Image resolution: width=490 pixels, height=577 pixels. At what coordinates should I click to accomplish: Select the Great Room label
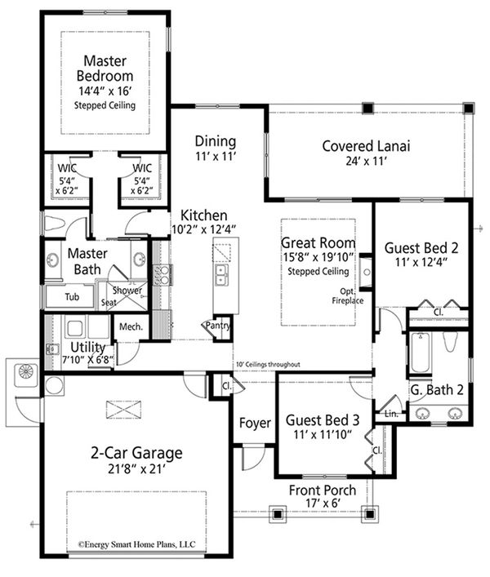318,242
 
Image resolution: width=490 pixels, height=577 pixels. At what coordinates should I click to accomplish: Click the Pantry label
218,325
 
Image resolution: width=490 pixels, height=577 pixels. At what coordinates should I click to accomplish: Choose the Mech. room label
131,326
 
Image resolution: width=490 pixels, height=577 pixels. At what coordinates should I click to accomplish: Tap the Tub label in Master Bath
62,297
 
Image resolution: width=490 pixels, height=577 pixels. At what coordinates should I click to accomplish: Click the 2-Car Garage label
136,453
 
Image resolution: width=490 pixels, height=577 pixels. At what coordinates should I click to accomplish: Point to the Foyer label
254,424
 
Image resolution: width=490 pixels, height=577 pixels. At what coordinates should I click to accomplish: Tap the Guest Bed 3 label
323,420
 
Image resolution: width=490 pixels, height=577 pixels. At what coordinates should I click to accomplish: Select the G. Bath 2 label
437,390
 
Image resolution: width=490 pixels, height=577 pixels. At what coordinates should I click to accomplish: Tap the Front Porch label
323,490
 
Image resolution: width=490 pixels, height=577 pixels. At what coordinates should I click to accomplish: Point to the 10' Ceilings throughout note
266,365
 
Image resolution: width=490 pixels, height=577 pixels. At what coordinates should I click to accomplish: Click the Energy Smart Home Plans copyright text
136,542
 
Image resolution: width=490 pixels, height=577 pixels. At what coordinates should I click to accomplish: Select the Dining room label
216,140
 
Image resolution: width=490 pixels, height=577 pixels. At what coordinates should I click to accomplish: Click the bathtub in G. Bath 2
420,353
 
